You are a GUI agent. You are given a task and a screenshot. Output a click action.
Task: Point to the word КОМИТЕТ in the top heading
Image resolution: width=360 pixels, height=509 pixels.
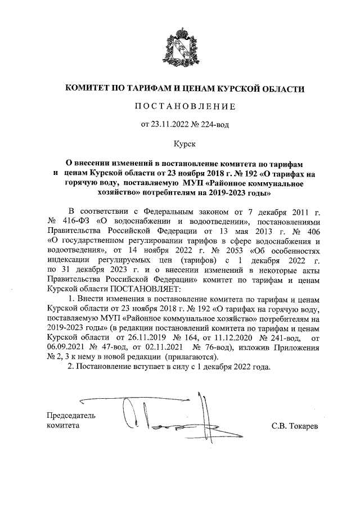click(x=92, y=88)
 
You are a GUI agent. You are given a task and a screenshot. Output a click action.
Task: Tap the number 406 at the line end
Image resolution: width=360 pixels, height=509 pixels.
click(x=309, y=231)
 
